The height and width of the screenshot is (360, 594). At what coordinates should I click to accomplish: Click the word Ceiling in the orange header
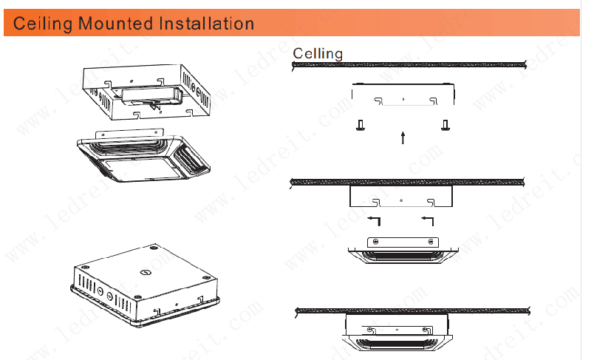pyautogui.click(x=42, y=24)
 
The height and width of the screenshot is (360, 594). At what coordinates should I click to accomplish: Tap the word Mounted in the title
pyautogui.click(x=115, y=23)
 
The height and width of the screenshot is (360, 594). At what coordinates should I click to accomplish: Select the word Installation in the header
pyautogui.click(x=206, y=23)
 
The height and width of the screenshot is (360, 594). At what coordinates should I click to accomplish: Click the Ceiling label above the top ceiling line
pyautogui.click(x=318, y=53)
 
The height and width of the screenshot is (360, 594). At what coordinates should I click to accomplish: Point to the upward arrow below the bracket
pyautogui.click(x=403, y=138)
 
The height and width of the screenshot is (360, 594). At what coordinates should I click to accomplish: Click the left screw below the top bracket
pyautogui.click(x=361, y=125)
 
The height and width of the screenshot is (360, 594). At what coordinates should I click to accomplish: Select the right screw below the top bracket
pyautogui.click(x=445, y=125)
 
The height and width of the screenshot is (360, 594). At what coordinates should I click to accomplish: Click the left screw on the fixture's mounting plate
pyautogui.click(x=375, y=242)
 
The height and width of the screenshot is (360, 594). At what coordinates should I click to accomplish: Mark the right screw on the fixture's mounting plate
pyautogui.click(x=430, y=242)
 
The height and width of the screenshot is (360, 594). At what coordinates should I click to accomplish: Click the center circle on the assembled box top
pyautogui.click(x=145, y=272)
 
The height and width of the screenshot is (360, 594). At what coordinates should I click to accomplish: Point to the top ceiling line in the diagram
pyautogui.click(x=409, y=65)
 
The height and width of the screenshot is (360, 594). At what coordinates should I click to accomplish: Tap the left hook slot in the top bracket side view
pyautogui.click(x=378, y=101)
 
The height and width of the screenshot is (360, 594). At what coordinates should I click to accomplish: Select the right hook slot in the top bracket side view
pyautogui.click(x=433, y=101)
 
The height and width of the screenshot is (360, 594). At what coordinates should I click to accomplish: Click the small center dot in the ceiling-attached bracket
pyautogui.click(x=401, y=200)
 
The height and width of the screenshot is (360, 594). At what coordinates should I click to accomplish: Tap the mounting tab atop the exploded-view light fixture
pyautogui.click(x=129, y=134)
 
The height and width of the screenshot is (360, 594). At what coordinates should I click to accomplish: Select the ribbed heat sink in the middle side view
pyautogui.click(x=403, y=256)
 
